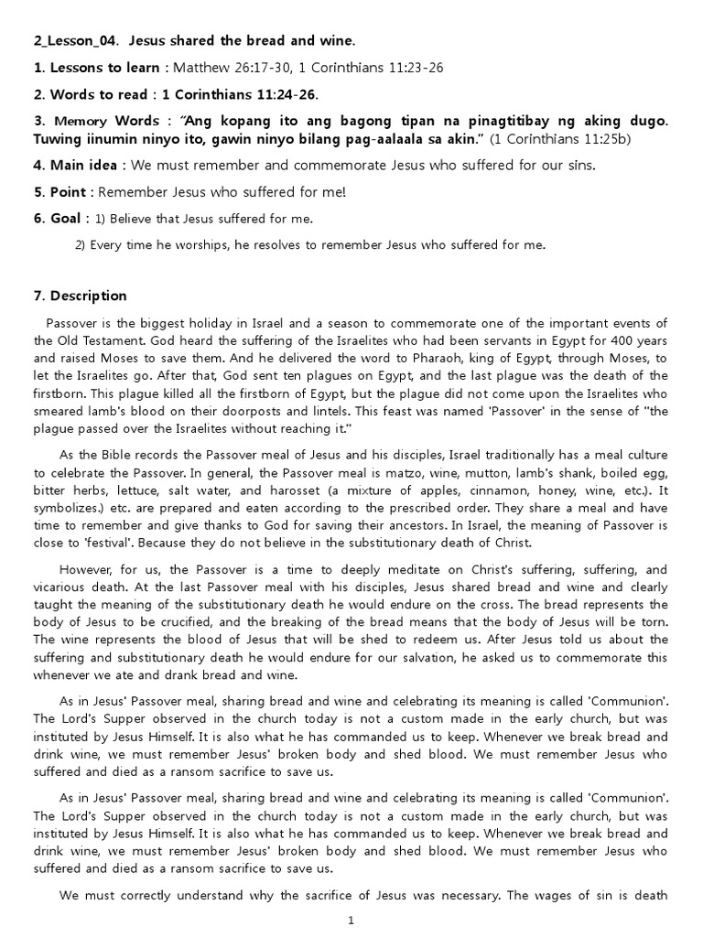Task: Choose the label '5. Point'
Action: pos(62,192)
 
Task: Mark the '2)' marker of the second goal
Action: pos(81,245)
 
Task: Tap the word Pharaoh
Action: pos(367,358)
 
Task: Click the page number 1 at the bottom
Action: pos(351,921)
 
